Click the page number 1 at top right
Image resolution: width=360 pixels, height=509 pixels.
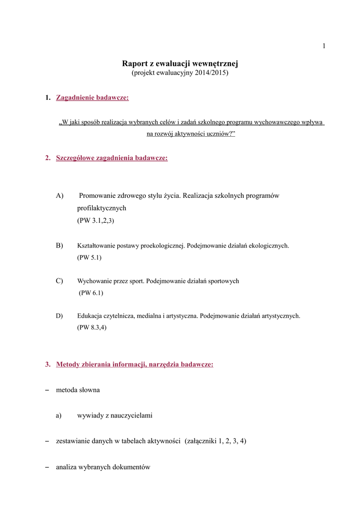coord(324,46)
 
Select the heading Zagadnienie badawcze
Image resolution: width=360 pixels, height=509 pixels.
coord(92,98)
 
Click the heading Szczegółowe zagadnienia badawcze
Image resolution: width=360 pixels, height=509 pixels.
coord(112,158)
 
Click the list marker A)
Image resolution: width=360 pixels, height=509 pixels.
coord(60,196)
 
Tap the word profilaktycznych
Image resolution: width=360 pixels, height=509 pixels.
coord(102,208)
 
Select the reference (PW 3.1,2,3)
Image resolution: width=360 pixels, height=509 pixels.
coord(95,220)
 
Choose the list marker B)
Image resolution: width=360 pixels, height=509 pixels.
coord(60,245)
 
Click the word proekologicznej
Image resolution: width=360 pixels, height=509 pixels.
coord(160,246)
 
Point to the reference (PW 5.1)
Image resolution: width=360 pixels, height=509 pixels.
coord(90,257)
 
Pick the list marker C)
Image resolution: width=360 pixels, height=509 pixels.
coord(60,281)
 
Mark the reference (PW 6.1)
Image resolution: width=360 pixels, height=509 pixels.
coord(91,293)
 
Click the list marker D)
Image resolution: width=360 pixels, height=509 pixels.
coord(60,316)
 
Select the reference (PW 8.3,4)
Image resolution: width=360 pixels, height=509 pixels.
coord(92,328)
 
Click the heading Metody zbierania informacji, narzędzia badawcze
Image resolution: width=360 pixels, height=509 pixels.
coord(135,364)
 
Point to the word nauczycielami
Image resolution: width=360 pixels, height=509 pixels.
coord(129,416)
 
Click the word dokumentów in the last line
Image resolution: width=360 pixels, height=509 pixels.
coord(131,467)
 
